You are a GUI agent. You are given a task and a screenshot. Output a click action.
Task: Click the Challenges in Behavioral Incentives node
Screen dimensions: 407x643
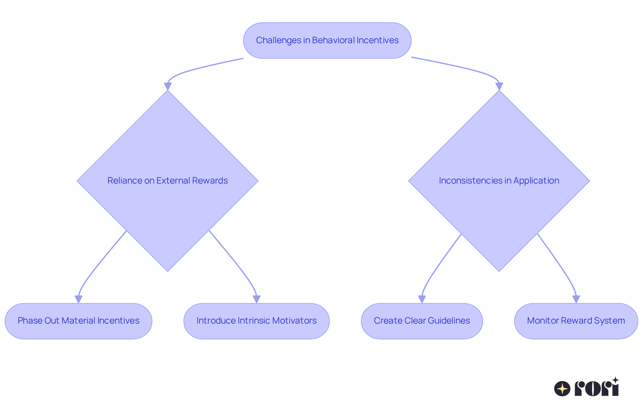pos(327,41)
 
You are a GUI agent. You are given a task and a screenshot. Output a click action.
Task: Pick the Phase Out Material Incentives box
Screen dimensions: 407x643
pos(78,321)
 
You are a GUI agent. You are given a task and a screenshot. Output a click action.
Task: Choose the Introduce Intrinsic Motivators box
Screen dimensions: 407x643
pos(257,321)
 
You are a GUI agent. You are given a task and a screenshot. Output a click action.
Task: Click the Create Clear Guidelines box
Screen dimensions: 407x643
pos(422,321)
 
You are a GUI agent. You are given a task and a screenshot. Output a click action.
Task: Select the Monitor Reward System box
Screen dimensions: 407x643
pos(576,321)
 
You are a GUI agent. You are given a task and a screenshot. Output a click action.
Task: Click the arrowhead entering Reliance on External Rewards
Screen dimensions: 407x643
pos(167,86)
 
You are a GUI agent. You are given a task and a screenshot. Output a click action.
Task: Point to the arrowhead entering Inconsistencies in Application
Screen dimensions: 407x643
pos(499,86)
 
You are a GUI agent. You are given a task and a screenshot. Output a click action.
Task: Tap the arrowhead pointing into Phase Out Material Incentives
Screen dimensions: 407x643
pos(78,299)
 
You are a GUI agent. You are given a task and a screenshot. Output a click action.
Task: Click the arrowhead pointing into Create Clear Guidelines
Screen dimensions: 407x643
pos(422,299)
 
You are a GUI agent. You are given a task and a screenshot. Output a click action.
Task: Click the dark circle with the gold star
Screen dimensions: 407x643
pos(562,389)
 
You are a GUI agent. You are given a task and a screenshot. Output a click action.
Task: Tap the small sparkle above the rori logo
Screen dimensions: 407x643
pos(615,380)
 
